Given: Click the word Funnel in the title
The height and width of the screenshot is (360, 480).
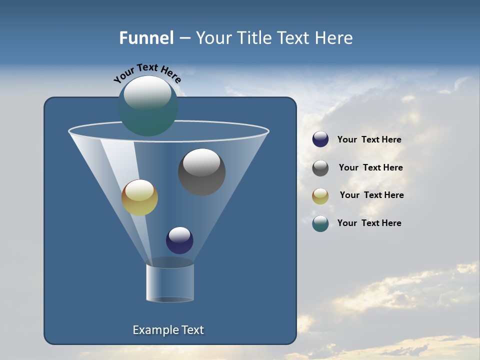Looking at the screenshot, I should (146, 38).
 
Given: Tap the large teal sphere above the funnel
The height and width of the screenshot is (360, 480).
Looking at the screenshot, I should (147, 106).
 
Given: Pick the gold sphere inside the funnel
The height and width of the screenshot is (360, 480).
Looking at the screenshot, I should (139, 198).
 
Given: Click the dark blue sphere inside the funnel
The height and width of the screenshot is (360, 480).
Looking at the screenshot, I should (179, 240).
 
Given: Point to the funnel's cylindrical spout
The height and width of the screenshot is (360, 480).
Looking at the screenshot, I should (170, 282).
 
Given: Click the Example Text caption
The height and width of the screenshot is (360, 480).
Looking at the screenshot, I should (168, 330).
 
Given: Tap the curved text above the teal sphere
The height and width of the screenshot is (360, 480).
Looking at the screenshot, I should (147, 73).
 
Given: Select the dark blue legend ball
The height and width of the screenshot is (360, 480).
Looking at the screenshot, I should (320, 139).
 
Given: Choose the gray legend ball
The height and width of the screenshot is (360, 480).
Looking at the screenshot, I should (320, 168).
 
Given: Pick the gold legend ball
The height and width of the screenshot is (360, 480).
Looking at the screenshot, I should (320, 196).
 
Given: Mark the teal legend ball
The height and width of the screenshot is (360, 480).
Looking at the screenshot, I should (320, 223).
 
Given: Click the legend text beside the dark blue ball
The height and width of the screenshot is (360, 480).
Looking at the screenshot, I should (369, 140).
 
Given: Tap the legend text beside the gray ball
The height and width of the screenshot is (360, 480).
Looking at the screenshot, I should (370, 168).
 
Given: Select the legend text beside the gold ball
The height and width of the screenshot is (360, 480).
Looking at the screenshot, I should (371, 195).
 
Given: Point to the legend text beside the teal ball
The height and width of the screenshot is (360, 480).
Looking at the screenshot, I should (369, 223).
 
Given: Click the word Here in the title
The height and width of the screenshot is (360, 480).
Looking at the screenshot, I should (335, 38).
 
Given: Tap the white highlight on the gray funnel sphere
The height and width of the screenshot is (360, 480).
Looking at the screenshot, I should (201, 162).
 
